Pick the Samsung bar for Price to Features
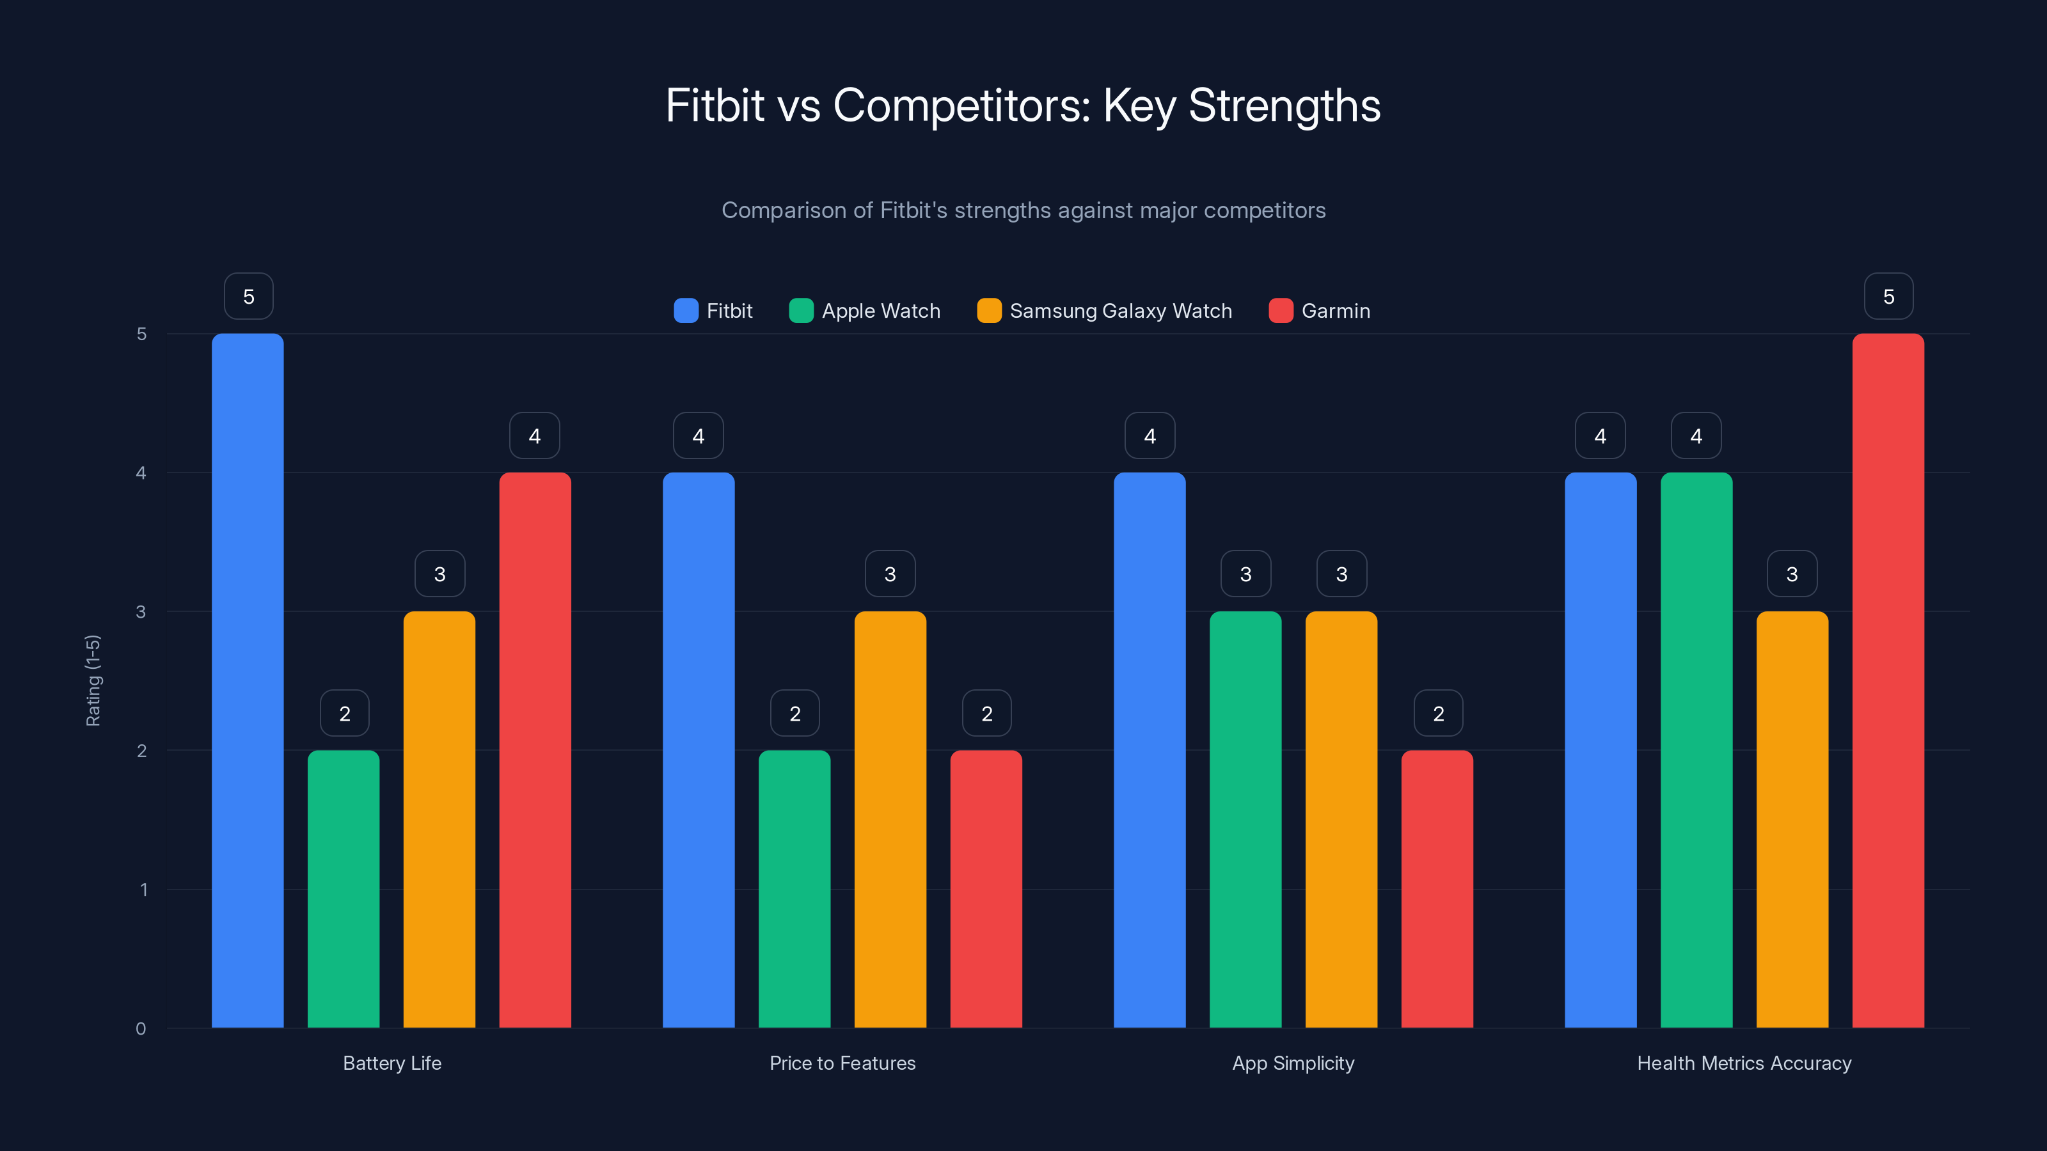click(890, 819)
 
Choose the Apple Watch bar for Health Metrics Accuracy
click(1696, 750)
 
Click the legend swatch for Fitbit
click(686, 311)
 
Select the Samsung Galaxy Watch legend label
click(1121, 311)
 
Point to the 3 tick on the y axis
click(141, 612)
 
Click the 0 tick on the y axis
click(141, 1029)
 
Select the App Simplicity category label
click(1293, 1063)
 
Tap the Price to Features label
click(842, 1063)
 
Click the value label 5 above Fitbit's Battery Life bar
click(249, 296)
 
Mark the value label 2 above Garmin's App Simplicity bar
click(1438, 714)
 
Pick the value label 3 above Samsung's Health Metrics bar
click(1792, 574)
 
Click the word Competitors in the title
click(961, 105)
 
